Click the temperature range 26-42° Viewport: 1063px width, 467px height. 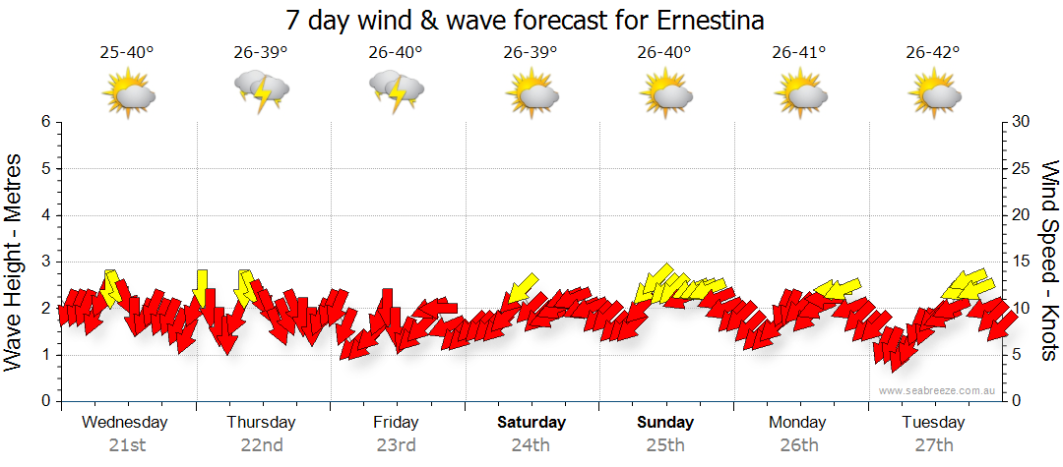[x=933, y=52]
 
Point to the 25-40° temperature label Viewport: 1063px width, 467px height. [x=127, y=52]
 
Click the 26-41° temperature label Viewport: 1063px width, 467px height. [x=798, y=52]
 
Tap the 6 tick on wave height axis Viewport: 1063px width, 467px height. [x=44, y=122]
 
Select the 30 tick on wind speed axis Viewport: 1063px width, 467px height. [x=1021, y=122]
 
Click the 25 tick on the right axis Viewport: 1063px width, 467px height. [x=1021, y=168]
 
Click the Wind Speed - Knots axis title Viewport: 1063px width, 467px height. [x=1049, y=262]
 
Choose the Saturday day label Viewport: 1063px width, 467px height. [x=531, y=423]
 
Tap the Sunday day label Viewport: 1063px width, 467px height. [x=665, y=423]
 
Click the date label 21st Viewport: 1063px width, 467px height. [x=127, y=444]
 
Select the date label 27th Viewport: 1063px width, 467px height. [x=933, y=444]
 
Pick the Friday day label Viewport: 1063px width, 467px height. [x=396, y=423]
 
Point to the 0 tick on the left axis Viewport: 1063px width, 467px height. [x=44, y=401]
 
